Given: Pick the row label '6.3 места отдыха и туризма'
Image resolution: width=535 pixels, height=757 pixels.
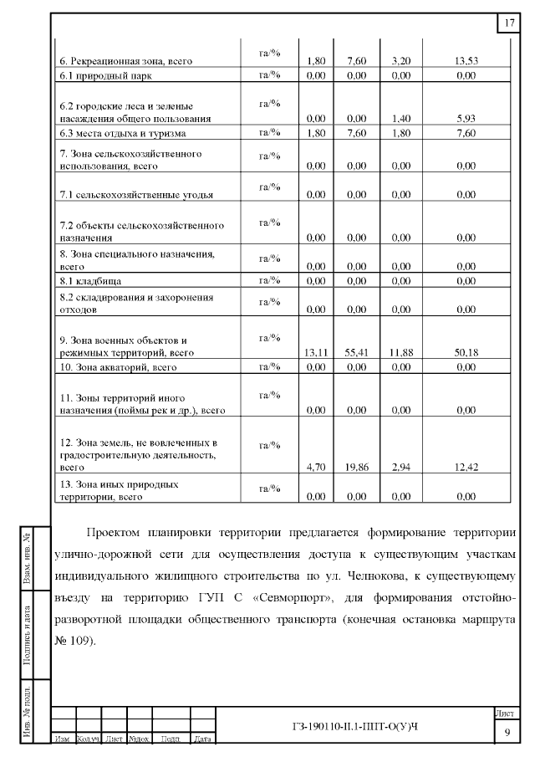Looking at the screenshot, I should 122,133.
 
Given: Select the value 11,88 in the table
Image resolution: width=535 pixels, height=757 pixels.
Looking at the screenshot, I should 401,353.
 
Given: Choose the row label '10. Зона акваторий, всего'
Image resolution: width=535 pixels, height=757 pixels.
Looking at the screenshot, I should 117,367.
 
